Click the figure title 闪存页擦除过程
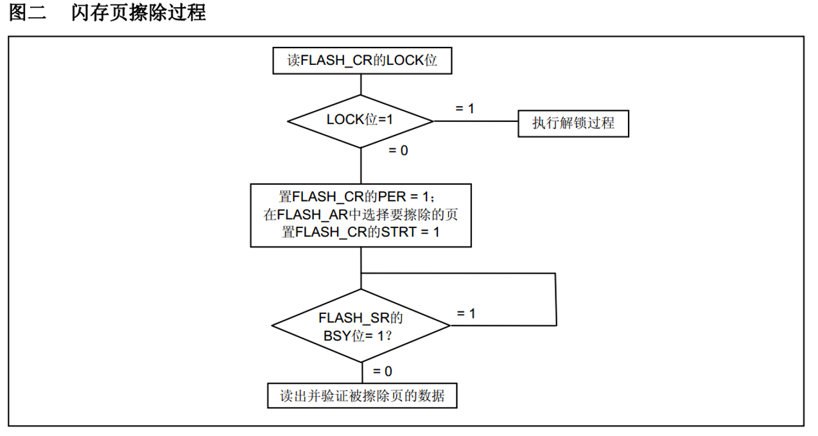[x=139, y=13]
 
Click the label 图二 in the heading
[x=28, y=13]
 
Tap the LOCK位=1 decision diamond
[x=360, y=120]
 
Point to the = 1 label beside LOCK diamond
[x=465, y=108]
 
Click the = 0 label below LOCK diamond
[x=398, y=151]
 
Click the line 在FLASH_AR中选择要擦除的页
[x=361, y=215]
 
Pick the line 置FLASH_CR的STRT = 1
[x=361, y=232]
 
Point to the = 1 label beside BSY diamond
[x=466, y=313]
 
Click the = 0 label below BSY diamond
[x=383, y=371]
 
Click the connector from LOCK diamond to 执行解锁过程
[x=476, y=120]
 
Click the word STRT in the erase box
[x=400, y=232]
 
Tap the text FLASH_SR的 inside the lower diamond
[x=361, y=317]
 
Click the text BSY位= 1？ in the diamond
[x=361, y=335]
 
